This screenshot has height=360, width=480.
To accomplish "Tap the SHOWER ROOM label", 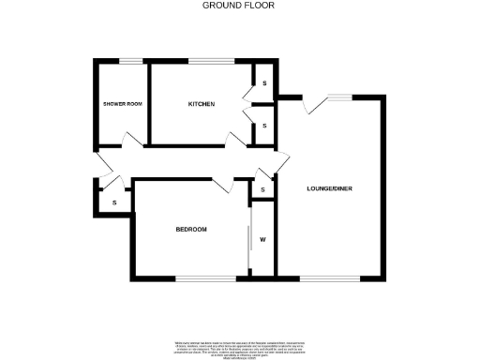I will [x=122, y=103].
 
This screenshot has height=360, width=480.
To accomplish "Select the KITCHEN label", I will [x=202, y=103].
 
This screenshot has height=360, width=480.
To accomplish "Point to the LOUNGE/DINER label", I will [x=330, y=189].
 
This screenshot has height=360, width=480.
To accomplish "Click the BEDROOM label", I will [x=191, y=230].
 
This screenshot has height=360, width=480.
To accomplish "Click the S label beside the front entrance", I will [x=114, y=202].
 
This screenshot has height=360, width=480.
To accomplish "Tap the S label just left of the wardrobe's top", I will [x=263, y=190].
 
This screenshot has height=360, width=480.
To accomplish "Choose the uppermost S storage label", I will [x=264, y=84].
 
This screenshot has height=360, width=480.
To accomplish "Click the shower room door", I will [x=132, y=140].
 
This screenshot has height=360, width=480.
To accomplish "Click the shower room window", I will [x=130, y=62].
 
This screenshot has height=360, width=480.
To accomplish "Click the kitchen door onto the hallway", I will [x=235, y=140].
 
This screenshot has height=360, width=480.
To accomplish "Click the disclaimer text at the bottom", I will [x=239, y=344].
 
